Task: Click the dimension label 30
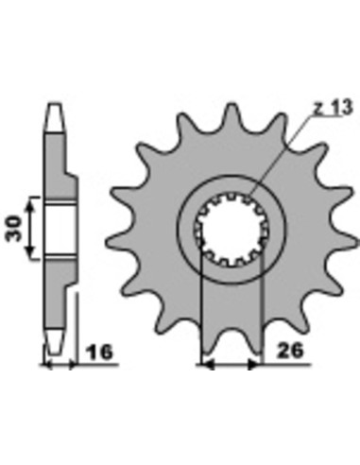[x=15, y=229]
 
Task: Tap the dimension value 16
[x=99, y=352]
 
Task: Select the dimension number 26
[x=289, y=351]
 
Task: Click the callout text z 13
[x=333, y=108]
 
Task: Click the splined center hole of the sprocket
[x=231, y=230]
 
